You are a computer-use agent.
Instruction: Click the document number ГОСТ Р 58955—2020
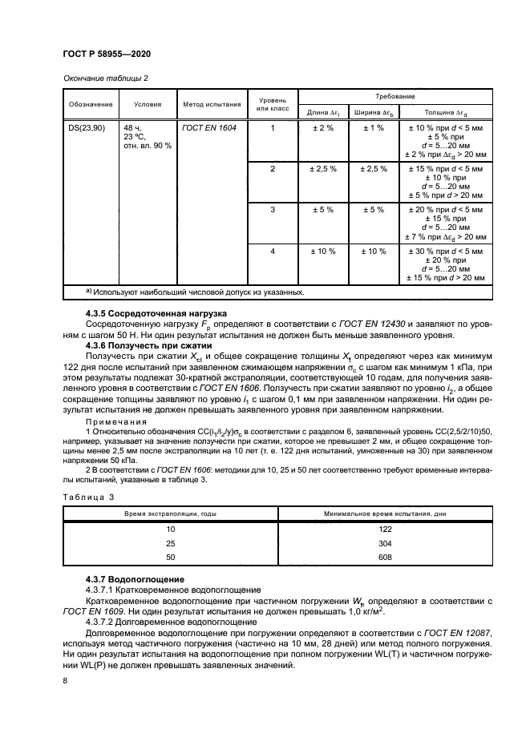[107, 54]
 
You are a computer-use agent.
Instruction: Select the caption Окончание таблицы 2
[104, 78]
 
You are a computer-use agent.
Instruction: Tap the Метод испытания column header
[212, 103]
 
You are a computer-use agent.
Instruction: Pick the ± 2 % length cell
[322, 127]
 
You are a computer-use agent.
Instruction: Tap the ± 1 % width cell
[374, 127]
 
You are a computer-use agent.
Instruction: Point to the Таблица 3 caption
[89, 497]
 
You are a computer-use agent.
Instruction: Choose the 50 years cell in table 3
[169, 557]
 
